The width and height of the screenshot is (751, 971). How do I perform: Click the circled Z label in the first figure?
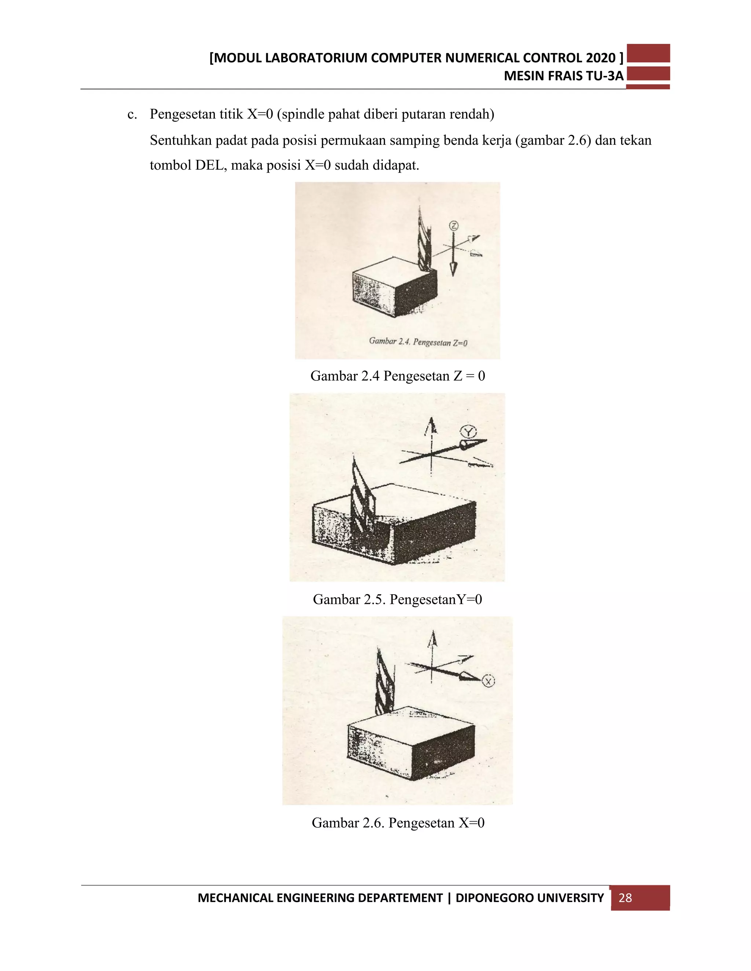(453, 226)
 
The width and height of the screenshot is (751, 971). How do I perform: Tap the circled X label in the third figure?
(488, 681)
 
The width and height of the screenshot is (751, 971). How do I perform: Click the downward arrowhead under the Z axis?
(453, 269)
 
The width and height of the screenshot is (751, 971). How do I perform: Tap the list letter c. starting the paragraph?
(132, 115)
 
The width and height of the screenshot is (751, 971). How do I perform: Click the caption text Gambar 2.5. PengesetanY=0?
(397, 599)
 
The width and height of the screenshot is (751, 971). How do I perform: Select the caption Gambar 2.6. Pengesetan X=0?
(398, 823)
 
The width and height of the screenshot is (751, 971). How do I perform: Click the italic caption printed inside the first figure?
(418, 341)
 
